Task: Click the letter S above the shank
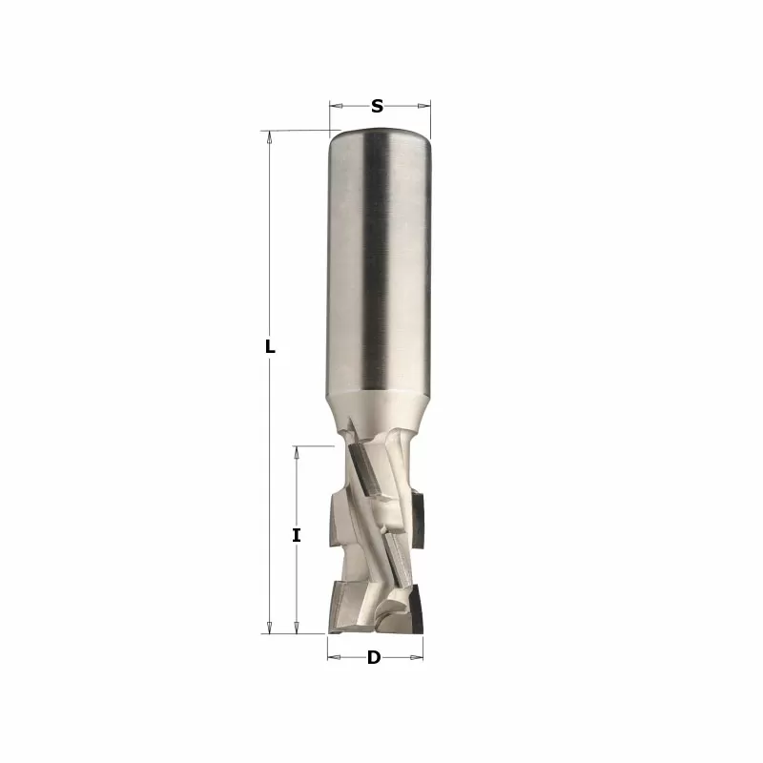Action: click(x=377, y=106)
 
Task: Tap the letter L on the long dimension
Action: click(x=270, y=347)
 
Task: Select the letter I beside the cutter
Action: click(x=297, y=535)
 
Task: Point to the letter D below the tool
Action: click(x=374, y=657)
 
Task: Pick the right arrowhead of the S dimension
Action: click(x=423, y=106)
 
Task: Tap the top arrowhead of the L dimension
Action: click(x=269, y=137)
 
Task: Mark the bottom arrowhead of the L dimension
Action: click(x=269, y=627)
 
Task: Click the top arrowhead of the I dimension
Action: click(x=297, y=453)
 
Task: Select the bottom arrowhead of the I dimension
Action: click(x=297, y=627)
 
